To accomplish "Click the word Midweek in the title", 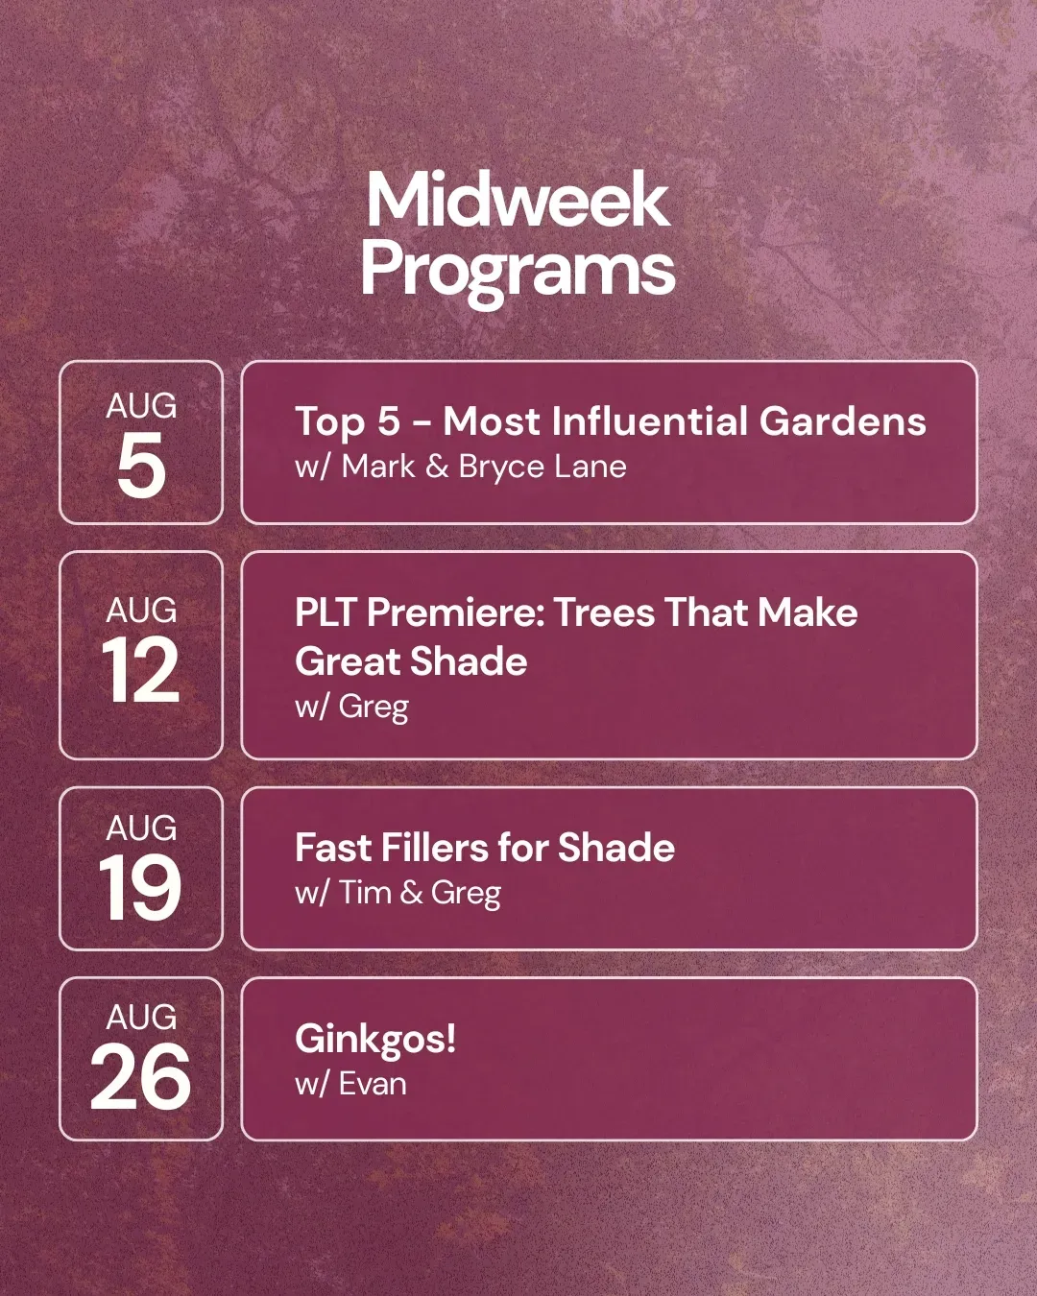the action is click(x=518, y=200).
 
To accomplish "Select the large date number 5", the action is click(x=141, y=465).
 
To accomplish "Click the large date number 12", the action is click(x=141, y=670).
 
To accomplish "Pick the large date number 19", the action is click(x=140, y=887).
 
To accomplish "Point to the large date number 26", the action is click(x=140, y=1077).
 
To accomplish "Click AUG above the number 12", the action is click(x=141, y=610).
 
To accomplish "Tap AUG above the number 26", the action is click(x=141, y=1018).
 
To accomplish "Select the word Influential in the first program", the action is click(x=649, y=420).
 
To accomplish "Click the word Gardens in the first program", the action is click(x=842, y=420).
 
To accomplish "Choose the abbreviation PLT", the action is click(x=325, y=613).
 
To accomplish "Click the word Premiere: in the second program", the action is click(x=454, y=613).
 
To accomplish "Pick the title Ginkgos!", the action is click(x=375, y=1040).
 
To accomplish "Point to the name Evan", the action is click(x=373, y=1084).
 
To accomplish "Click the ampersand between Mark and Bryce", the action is click(x=437, y=467).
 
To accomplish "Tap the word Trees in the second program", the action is click(x=604, y=613).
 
